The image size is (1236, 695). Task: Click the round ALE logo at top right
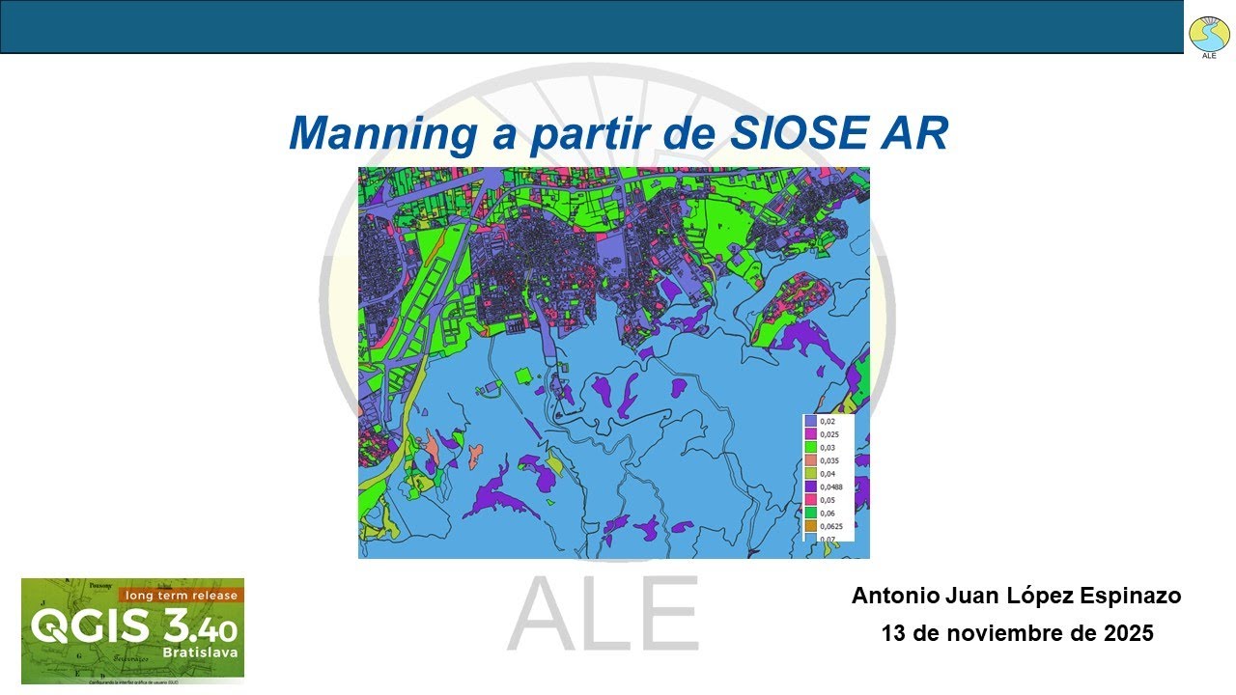pyautogui.click(x=1209, y=35)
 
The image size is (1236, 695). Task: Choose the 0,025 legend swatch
pyautogui.click(x=811, y=434)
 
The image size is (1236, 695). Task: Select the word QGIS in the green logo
pyautogui.click(x=89, y=627)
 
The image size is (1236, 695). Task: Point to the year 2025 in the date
pyautogui.click(x=1130, y=634)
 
